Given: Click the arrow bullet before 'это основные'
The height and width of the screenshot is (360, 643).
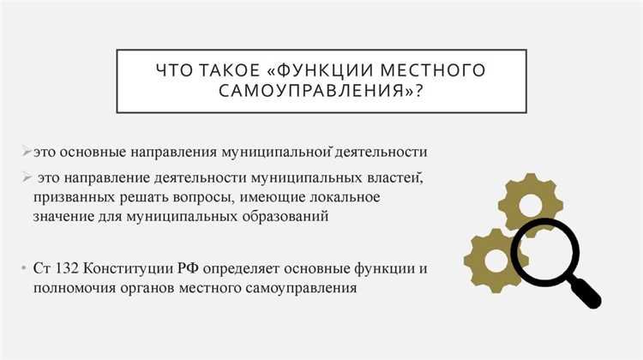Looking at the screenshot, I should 27,153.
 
